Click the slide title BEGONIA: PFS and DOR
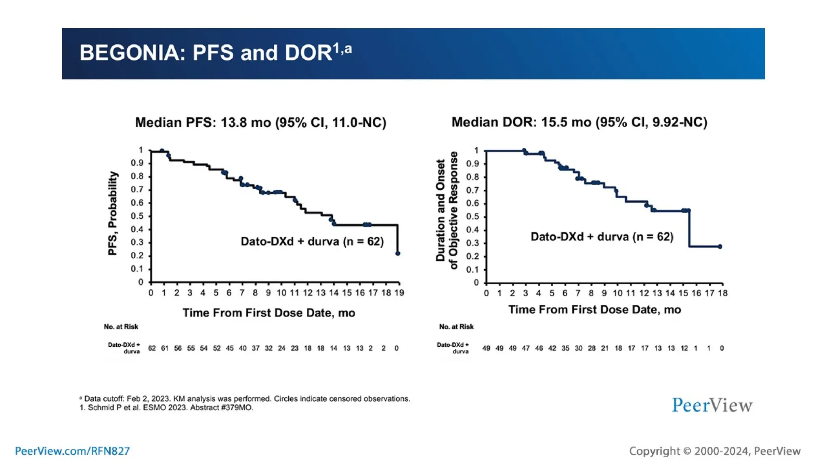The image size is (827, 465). click(x=215, y=53)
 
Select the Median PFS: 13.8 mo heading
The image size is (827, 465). click(x=260, y=122)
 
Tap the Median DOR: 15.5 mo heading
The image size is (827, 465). click(x=579, y=122)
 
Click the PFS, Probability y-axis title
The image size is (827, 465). click(x=113, y=214)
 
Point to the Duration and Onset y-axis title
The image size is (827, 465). click(x=441, y=210)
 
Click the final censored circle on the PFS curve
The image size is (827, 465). click(x=398, y=253)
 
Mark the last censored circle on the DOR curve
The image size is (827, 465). click(x=720, y=247)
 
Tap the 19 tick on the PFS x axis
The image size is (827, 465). click(x=399, y=293)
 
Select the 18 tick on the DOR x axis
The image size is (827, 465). click(x=722, y=293)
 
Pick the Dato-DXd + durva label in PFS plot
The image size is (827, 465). click(x=312, y=241)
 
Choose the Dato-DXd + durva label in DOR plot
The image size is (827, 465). click(x=602, y=237)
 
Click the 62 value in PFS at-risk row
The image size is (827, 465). click(x=152, y=348)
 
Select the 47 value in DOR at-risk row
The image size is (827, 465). click(x=525, y=348)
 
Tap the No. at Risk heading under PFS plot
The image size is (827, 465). click(x=121, y=327)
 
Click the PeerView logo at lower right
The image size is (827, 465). click(x=712, y=405)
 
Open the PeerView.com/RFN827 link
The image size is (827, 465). click(x=72, y=451)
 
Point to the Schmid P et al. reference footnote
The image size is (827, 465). click(x=166, y=408)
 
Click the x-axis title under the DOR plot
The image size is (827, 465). click(x=594, y=310)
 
